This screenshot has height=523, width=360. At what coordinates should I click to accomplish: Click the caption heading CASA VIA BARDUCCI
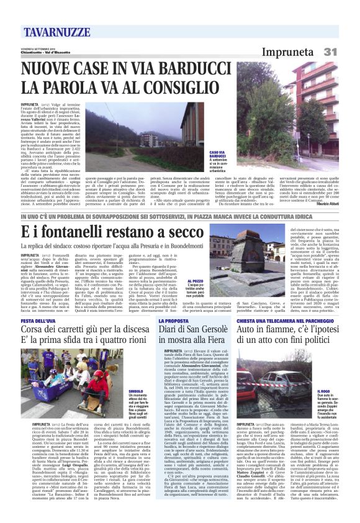(x=217, y=155)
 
